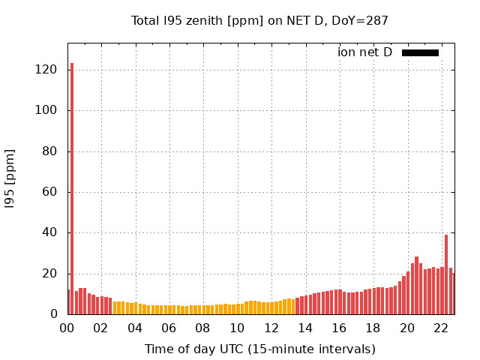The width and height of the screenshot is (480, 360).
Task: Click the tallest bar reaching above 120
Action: click(x=72, y=187)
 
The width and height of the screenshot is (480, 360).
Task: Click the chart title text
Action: click(x=259, y=21)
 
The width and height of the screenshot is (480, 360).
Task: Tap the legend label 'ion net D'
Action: click(x=364, y=52)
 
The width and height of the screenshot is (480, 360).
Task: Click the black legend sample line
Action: click(x=420, y=52)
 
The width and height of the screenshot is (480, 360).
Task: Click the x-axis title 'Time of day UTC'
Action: click(x=259, y=349)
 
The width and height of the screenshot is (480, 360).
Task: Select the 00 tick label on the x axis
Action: click(x=67, y=328)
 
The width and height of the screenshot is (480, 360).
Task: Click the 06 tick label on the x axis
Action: click(x=169, y=328)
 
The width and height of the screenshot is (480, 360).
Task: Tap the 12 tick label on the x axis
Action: click(x=271, y=328)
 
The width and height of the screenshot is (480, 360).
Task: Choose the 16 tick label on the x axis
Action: click(x=339, y=328)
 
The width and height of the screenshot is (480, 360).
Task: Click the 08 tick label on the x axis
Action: click(x=202, y=328)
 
